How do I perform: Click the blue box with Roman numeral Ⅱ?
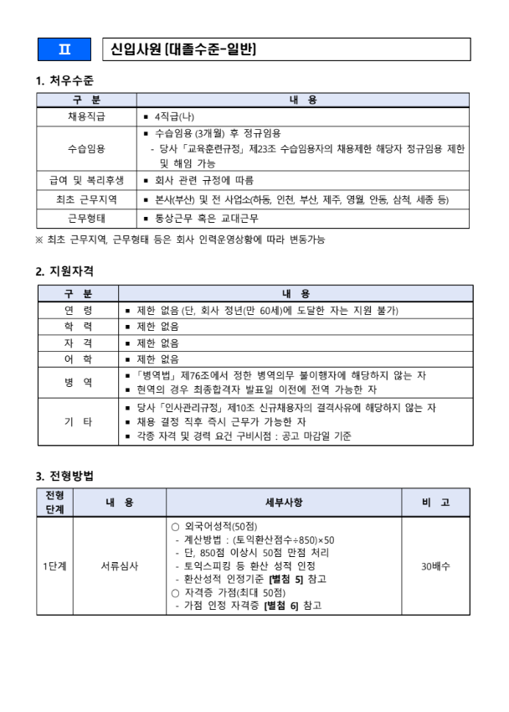tap(64, 49)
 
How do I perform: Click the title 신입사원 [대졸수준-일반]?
tap(183, 49)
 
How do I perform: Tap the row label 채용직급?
tap(86, 116)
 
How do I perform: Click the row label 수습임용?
tap(86, 148)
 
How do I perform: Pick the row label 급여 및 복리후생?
tap(86, 180)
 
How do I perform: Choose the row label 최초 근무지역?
tap(86, 199)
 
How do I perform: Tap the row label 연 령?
tap(79, 310)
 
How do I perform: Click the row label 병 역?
tap(79, 382)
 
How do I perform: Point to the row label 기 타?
tap(79, 421)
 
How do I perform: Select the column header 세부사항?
tap(284, 503)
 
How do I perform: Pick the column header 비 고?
tap(435, 503)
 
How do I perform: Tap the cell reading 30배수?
tap(435, 566)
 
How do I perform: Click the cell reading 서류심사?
tap(120, 566)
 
